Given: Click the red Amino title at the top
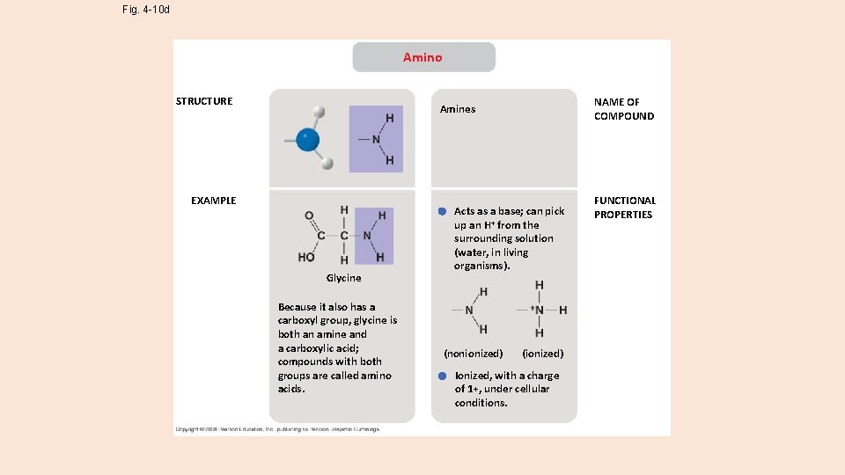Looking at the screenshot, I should [422, 57].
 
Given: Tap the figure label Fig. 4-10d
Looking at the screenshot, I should [146, 11].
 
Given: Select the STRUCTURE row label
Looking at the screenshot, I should [204, 101].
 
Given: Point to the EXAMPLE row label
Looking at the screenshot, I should [214, 201].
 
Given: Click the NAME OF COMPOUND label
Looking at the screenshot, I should [623, 109].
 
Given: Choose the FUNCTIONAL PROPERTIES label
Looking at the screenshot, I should [624, 208].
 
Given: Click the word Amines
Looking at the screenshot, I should [458, 109].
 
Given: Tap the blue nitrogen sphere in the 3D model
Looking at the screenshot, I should [307, 140].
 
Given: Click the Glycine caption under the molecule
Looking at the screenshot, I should [343, 278].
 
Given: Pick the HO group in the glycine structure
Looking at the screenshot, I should [306, 258].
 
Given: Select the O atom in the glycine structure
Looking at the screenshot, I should [309, 216].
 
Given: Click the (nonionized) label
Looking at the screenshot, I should [474, 354].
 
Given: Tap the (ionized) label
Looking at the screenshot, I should [542, 354].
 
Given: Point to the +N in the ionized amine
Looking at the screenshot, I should [537, 310].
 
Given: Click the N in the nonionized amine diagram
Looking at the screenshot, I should [469, 311].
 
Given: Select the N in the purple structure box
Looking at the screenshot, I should [376, 140].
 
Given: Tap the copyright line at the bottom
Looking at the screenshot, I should [278, 429].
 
